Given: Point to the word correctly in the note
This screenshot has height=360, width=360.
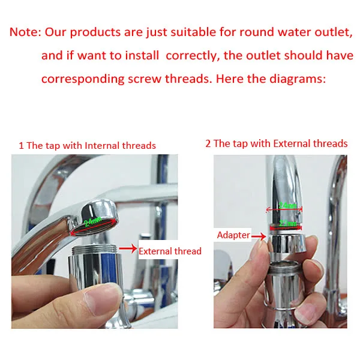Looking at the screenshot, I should tap(191, 56).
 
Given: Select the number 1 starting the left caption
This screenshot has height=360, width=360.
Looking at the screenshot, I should tap(21, 145).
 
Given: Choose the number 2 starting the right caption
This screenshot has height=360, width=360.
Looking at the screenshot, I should tap(208, 143).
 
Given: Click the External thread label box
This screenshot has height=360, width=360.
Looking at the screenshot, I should tap(170, 251).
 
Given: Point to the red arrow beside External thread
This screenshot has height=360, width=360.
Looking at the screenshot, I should tap(128, 247).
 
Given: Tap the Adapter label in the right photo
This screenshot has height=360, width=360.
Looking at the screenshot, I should tap(233, 235).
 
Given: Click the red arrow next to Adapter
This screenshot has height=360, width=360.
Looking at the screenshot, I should tap(258, 236).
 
